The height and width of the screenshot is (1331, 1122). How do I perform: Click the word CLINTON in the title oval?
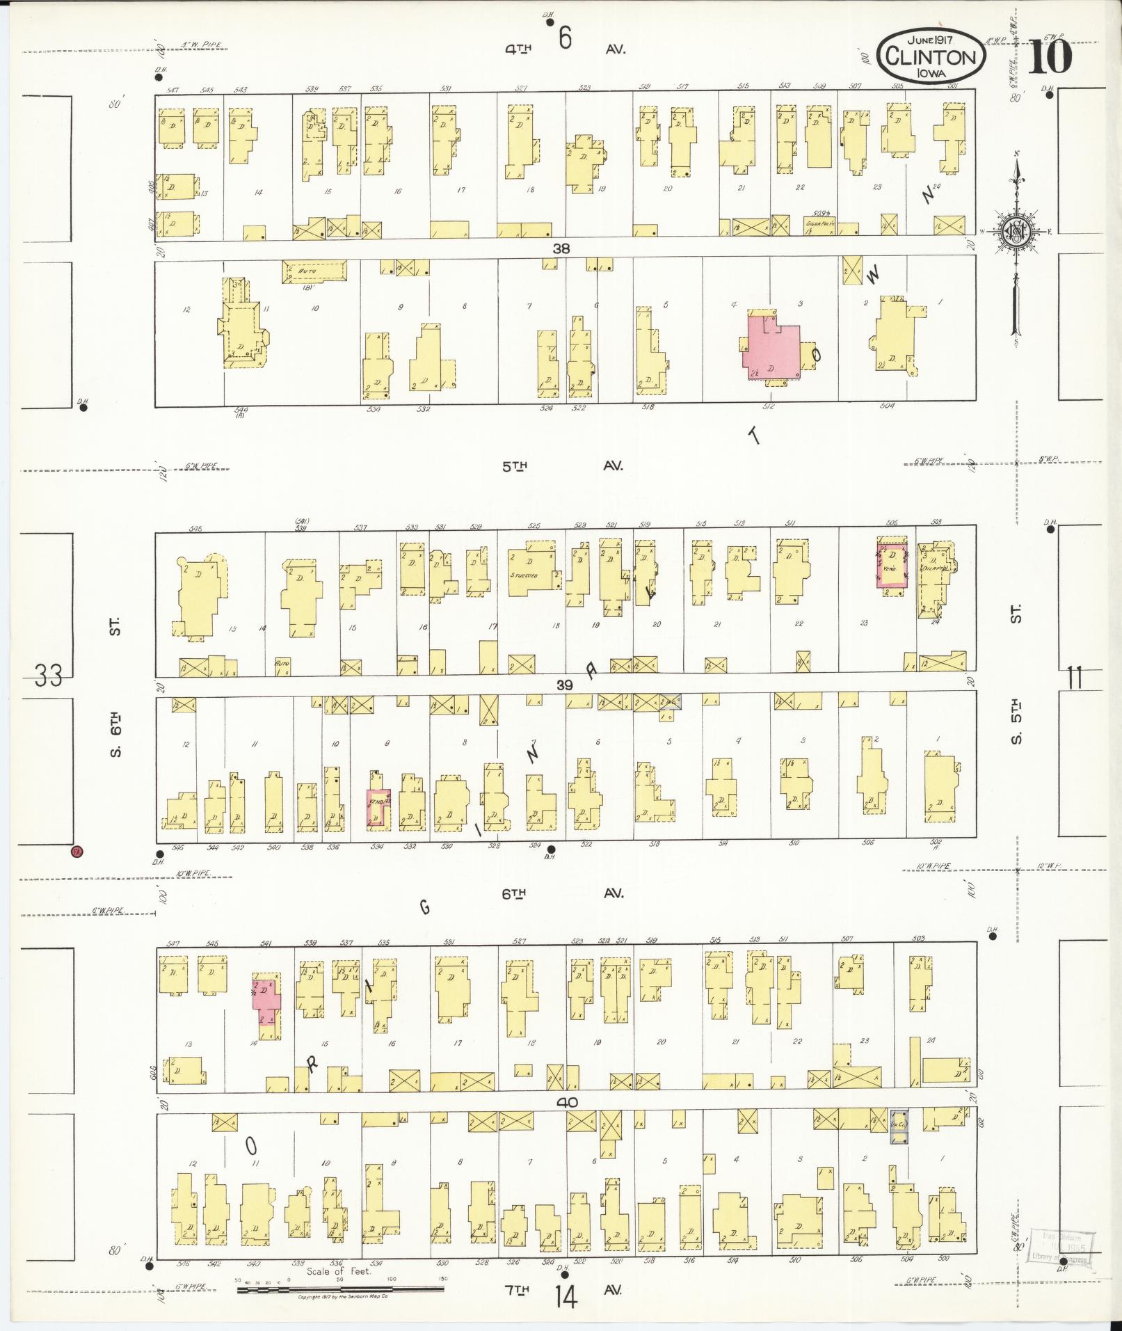pos(931,57)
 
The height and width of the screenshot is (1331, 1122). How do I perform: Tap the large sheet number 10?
pos(1049,57)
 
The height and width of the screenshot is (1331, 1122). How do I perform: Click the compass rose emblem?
pos(1016,232)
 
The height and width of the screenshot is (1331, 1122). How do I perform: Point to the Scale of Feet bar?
pos(340,1289)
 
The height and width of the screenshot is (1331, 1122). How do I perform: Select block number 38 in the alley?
pos(562,248)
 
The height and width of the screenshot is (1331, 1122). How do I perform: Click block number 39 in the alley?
pos(563,685)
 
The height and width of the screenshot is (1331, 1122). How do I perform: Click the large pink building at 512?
pos(769,346)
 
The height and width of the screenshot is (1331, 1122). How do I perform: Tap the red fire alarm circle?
pos(77,851)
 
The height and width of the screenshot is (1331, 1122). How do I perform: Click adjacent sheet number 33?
pos(48,675)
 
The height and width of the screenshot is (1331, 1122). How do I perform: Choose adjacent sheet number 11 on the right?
pos(1075,677)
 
